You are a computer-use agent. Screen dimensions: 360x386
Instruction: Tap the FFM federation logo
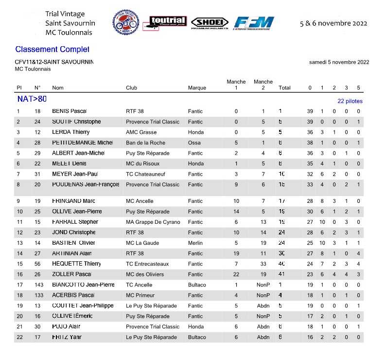pyautogui.click(x=254, y=23)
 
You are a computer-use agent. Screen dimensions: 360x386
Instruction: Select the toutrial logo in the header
pyautogui.click(x=167, y=22)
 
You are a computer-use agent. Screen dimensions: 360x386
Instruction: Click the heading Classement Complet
pyautogui.click(x=52, y=49)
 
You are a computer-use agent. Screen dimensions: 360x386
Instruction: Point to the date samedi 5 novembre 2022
pyautogui.click(x=339, y=62)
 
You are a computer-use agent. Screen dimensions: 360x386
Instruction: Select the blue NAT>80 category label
pyautogui.click(x=32, y=99)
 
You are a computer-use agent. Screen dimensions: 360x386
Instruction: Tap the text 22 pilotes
pyautogui.click(x=350, y=101)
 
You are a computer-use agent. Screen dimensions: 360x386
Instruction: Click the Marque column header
pyautogui.click(x=197, y=88)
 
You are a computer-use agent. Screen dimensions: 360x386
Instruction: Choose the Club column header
pyautogui.click(x=131, y=88)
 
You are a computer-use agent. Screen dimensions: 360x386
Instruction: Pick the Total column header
pyautogui.click(x=284, y=88)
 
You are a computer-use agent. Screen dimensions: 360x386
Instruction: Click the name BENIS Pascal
pyautogui.click(x=73, y=111)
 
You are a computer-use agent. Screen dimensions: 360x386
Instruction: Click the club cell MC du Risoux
pyautogui.click(x=142, y=164)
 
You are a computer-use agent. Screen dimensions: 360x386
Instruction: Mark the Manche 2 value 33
pyautogui.click(x=263, y=264)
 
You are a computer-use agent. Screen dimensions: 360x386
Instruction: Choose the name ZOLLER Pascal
pyautogui.click(x=72, y=274)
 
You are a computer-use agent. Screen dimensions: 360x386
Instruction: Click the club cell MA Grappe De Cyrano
pyautogui.click(x=153, y=222)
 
